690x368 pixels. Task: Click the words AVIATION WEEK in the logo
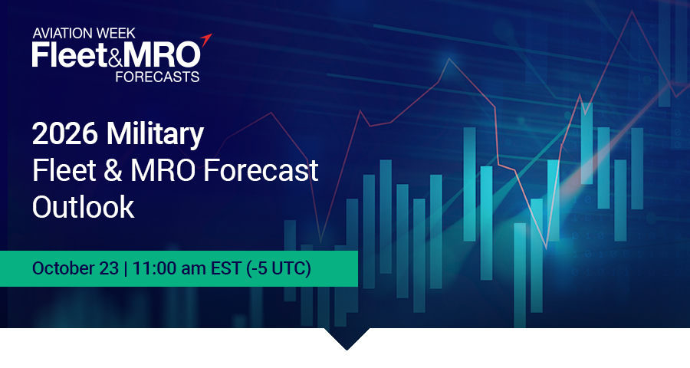click(84, 33)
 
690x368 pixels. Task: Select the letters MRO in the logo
click(162, 55)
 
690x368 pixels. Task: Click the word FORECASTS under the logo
click(157, 77)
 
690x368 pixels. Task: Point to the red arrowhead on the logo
click(206, 40)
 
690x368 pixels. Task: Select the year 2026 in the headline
click(64, 133)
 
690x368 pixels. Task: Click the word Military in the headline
click(156, 134)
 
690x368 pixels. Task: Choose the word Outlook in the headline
click(83, 206)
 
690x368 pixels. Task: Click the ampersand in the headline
click(113, 170)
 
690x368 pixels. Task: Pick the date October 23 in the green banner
click(75, 268)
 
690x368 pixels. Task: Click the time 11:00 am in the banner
click(169, 268)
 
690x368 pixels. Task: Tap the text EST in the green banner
click(225, 268)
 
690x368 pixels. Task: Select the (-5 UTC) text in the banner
click(278, 268)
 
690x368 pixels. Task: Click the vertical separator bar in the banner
click(126, 268)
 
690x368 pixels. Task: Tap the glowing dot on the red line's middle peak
click(449, 58)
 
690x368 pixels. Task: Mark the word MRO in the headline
click(163, 170)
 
